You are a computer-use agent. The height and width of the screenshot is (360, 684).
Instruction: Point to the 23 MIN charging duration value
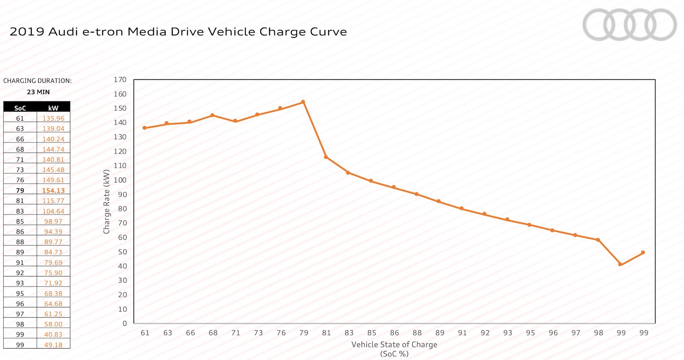pyautogui.click(x=38, y=92)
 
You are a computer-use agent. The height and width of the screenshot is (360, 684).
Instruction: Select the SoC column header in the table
pyautogui.click(x=20, y=108)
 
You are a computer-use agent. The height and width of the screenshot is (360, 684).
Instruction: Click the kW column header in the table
pyautogui.click(x=53, y=108)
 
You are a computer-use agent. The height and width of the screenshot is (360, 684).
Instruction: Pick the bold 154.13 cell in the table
pyautogui.click(x=53, y=190)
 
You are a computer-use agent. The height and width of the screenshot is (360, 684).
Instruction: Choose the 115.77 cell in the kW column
pyautogui.click(x=53, y=201)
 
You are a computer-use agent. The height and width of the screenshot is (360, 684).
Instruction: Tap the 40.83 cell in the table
pyautogui.click(x=53, y=334)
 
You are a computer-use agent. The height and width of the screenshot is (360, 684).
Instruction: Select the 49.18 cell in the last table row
pyautogui.click(x=53, y=345)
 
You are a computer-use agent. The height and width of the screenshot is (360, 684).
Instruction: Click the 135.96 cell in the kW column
pyautogui.click(x=53, y=119)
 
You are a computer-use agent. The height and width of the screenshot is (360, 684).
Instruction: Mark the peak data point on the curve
pyautogui.click(x=303, y=102)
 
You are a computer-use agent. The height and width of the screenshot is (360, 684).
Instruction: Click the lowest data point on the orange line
pyautogui.click(x=620, y=264)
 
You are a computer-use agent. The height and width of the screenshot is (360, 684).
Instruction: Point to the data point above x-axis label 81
pyautogui.click(x=326, y=157)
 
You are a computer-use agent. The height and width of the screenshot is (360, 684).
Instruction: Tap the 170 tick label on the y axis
pyautogui.click(x=120, y=80)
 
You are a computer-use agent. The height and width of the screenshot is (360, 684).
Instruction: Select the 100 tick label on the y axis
pyautogui.click(x=120, y=180)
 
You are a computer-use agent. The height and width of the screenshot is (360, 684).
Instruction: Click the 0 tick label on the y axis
pyautogui.click(x=125, y=323)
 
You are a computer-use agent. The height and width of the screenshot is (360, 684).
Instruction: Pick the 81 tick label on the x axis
pyautogui.click(x=327, y=333)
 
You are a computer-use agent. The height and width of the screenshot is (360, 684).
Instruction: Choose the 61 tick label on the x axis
pyautogui.click(x=145, y=333)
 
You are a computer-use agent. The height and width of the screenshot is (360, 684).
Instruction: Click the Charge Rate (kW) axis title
pyautogui.click(x=107, y=202)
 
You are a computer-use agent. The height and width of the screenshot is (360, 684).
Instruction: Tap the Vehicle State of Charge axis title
pyautogui.click(x=394, y=345)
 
